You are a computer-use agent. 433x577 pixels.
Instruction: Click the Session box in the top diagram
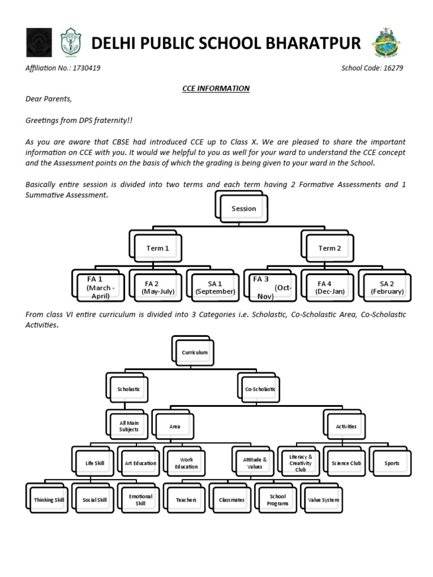[x=244, y=208]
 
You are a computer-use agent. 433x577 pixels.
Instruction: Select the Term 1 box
[x=158, y=248]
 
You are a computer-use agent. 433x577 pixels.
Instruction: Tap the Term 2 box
[x=330, y=248]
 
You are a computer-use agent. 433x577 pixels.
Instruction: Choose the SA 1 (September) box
[x=215, y=287]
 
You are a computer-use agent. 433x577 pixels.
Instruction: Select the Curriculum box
[x=195, y=353]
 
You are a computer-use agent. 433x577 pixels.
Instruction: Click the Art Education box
[x=141, y=463]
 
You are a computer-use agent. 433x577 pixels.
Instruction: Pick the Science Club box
[x=346, y=463]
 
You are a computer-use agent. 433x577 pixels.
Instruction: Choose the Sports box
[x=392, y=463]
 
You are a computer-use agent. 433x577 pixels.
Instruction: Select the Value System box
[x=323, y=500]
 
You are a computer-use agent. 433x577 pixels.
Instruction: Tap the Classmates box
[x=232, y=500]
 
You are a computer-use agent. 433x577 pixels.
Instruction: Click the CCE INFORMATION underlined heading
[x=216, y=88]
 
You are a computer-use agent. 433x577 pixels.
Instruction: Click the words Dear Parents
[x=48, y=99]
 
